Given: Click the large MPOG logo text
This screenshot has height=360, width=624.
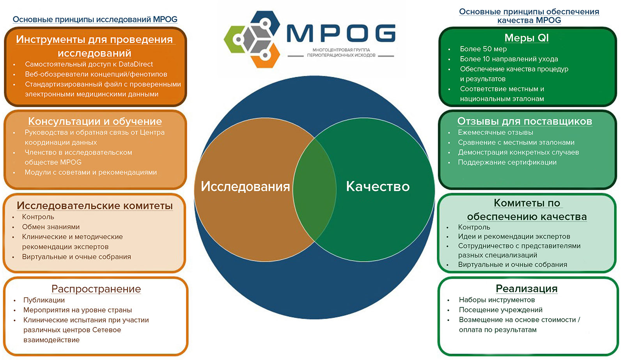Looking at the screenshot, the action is (341, 33).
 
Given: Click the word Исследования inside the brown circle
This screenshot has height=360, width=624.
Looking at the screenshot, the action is (245, 186).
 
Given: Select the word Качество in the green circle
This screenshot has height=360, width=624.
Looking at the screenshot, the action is (378, 186).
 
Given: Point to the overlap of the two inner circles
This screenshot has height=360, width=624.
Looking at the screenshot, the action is (314, 190).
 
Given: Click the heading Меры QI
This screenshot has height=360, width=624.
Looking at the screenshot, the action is (526, 38).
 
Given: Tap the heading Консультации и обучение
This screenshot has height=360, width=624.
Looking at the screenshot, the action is (95, 121).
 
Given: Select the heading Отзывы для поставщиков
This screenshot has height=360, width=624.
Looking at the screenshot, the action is (525, 121).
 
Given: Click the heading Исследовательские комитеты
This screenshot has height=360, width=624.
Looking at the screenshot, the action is (95, 206).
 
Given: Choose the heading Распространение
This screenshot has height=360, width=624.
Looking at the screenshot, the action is (96, 289).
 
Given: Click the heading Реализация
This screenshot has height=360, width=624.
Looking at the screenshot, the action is (526, 289).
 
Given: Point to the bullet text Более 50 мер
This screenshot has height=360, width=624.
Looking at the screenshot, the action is (483, 49).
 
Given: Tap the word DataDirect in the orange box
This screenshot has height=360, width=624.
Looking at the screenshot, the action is (136, 64).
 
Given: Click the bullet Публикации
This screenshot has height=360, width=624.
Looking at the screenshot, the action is (44, 300).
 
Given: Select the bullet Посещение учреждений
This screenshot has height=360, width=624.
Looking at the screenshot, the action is (501, 310).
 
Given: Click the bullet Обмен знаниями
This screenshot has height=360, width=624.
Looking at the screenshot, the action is (51, 227).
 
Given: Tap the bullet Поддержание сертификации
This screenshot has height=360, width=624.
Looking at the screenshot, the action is (507, 162).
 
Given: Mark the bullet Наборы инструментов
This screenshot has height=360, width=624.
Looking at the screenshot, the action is (497, 300).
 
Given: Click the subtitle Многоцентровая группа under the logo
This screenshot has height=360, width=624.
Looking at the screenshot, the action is (341, 50).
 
